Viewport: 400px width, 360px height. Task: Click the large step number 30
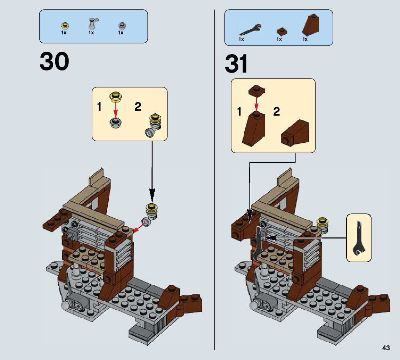pos(55,62)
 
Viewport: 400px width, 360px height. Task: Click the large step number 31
pos(237,64)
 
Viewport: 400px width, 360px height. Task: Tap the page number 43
pos(386,348)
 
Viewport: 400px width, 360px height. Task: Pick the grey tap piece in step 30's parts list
pos(93,23)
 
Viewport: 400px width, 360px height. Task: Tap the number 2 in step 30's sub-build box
pos(138,107)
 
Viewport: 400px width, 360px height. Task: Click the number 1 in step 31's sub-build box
pos(239,111)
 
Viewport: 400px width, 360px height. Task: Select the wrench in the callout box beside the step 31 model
pos(358,238)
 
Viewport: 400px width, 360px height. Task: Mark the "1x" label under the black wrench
pos(241,39)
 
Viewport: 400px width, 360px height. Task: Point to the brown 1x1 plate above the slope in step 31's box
pos(256,91)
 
